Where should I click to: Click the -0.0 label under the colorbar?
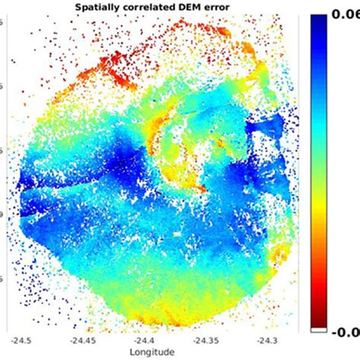[x=346, y=330]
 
